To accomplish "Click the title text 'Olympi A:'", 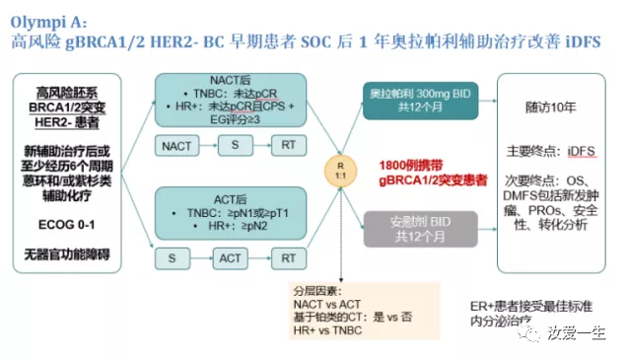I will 49,17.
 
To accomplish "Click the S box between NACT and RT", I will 236,146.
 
